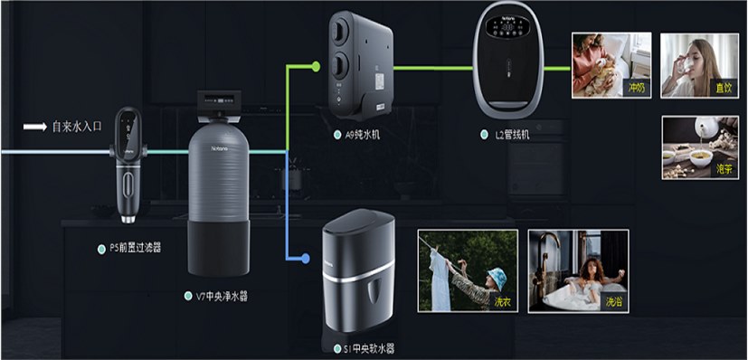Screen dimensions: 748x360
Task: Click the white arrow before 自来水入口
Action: tap(34, 128)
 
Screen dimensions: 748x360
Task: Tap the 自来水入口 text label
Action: tap(77, 128)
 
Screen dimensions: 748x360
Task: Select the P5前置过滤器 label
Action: tap(130, 246)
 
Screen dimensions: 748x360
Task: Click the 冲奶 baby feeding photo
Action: tap(611, 65)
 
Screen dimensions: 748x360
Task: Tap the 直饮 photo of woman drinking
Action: tap(694, 65)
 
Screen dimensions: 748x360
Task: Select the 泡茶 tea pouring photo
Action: tap(694, 147)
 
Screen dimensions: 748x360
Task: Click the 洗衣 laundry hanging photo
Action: tap(467, 270)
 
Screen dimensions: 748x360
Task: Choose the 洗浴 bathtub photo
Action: tap(579, 270)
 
